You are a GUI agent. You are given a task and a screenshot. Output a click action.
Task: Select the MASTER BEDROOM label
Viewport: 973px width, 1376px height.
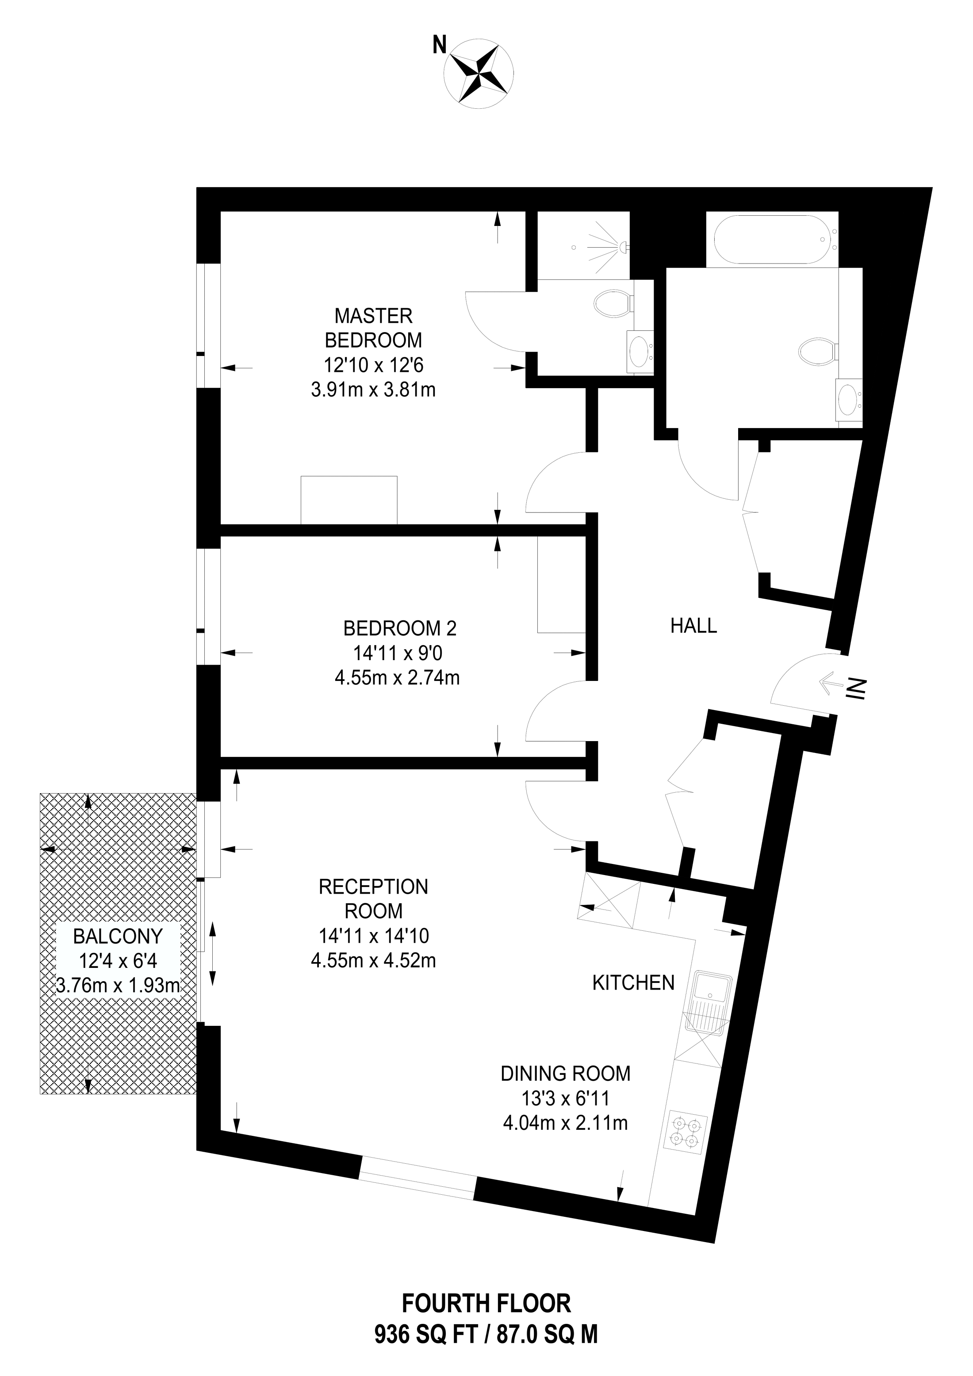373,328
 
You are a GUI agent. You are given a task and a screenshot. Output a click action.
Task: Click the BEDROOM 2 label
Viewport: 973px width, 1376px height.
400,629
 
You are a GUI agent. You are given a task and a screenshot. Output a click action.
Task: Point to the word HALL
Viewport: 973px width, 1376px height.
693,626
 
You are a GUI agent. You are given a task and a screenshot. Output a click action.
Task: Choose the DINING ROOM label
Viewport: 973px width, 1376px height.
565,1074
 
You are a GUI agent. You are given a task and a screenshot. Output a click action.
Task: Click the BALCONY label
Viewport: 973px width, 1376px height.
118,936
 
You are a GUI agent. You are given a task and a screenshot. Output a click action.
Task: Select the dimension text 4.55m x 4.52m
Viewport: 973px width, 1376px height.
373,961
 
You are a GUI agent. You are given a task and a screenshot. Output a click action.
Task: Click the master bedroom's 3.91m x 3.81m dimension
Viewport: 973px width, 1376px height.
373,390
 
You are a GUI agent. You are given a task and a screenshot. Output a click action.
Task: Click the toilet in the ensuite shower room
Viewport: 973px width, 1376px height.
613,303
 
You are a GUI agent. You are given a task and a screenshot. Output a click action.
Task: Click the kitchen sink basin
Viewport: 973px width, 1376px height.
712,990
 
